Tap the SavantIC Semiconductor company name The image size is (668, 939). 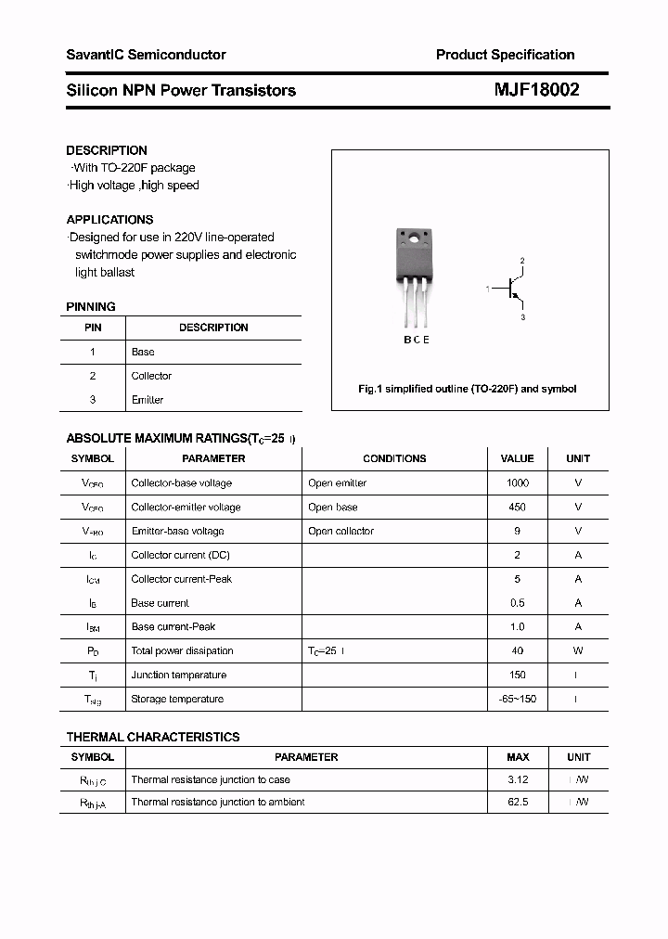[146, 55]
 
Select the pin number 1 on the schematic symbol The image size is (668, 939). [488, 290]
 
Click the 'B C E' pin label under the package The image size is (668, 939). [416, 340]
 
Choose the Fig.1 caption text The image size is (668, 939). [468, 389]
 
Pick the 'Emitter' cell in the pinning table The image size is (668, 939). [148, 400]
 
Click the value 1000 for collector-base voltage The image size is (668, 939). [517, 483]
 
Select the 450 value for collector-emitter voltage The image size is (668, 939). [517, 508]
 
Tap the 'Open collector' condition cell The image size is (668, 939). [341, 532]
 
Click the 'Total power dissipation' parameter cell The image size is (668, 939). [182, 651]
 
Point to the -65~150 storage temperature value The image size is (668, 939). [517, 700]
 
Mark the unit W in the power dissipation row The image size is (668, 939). [578, 651]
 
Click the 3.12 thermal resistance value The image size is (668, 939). [518, 780]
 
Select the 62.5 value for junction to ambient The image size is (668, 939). [518, 803]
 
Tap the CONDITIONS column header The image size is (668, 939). [394, 458]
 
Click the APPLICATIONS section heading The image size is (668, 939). [109, 220]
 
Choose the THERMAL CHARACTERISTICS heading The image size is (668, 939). [153, 737]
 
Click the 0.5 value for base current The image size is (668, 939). [517, 603]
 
